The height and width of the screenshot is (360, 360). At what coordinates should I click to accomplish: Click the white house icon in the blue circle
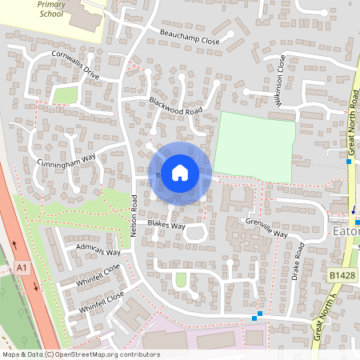180,173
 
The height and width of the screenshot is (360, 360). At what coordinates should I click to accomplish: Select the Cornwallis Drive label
75,68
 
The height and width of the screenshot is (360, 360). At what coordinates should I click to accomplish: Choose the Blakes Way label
166,226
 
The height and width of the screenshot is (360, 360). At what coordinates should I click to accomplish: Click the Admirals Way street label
97,251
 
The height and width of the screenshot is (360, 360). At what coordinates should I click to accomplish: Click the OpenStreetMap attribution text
80,354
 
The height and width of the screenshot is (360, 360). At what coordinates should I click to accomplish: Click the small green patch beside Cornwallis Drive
65,95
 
